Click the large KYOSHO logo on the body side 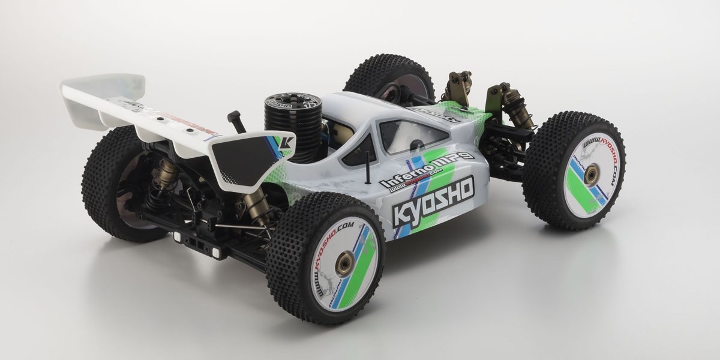[x=433, y=200]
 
